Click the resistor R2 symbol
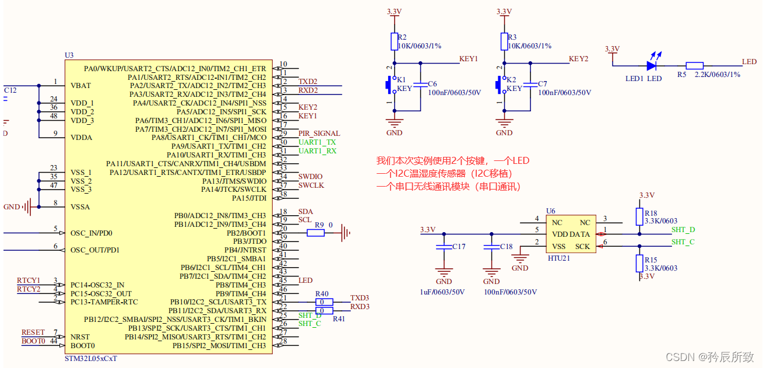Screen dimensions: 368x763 pyautogui.click(x=395, y=41)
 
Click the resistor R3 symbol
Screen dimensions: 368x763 pyautogui.click(x=504, y=41)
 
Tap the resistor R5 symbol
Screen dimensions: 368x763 pyautogui.click(x=694, y=66)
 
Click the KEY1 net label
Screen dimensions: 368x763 pyautogui.click(x=468, y=59)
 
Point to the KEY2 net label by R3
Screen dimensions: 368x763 pyautogui.click(x=578, y=59)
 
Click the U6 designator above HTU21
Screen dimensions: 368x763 pyautogui.click(x=550, y=211)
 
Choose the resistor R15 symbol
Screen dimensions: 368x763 pyautogui.click(x=639, y=264)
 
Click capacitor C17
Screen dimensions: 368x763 pyautogui.click(x=444, y=246)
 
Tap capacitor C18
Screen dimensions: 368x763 pyautogui.click(x=491, y=246)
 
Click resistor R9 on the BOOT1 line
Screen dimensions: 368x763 pyautogui.click(x=315, y=233)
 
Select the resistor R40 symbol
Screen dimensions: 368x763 pyautogui.click(x=324, y=302)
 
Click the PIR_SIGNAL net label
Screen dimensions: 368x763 pyautogui.click(x=319, y=134)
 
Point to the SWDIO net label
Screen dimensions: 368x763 pyautogui.click(x=310, y=177)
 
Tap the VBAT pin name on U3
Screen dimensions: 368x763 pyautogui.click(x=81, y=85)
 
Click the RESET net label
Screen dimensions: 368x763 pyautogui.click(x=33, y=332)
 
